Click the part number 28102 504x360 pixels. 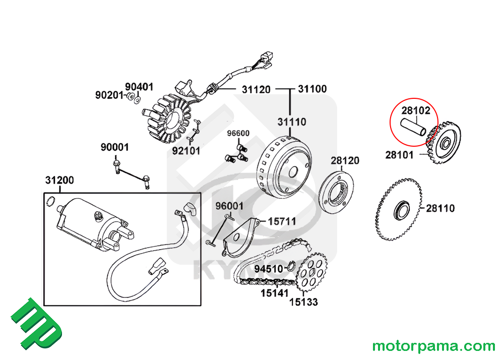pyautogui.click(x=416, y=109)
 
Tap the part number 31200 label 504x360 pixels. pyautogui.click(x=59, y=180)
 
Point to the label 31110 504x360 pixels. pyautogui.click(x=291, y=122)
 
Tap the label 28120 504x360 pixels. pyautogui.click(x=345, y=161)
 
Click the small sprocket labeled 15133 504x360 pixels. pyautogui.click(x=311, y=276)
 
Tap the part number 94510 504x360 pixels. pyautogui.click(x=269, y=269)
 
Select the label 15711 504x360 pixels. pyautogui.click(x=281, y=221)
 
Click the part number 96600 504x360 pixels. pyautogui.click(x=238, y=134)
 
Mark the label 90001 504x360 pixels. pyautogui.click(x=114, y=147)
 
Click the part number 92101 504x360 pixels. pyautogui.click(x=186, y=150)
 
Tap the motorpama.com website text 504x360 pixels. pyautogui.click(x=433, y=346)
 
